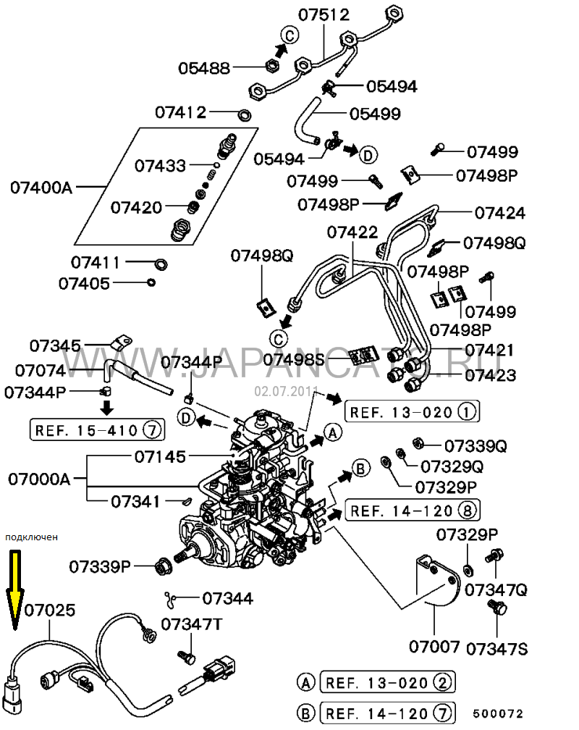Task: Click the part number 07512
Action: click(325, 15)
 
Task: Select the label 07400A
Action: click(41, 188)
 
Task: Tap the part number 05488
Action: click(205, 68)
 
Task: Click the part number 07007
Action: click(434, 644)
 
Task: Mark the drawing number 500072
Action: click(498, 713)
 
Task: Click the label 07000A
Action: click(40, 479)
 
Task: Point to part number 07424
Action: click(500, 213)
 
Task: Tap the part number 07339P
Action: click(101, 565)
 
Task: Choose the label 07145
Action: click(160, 456)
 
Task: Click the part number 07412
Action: click(180, 112)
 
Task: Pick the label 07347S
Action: click(496, 647)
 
